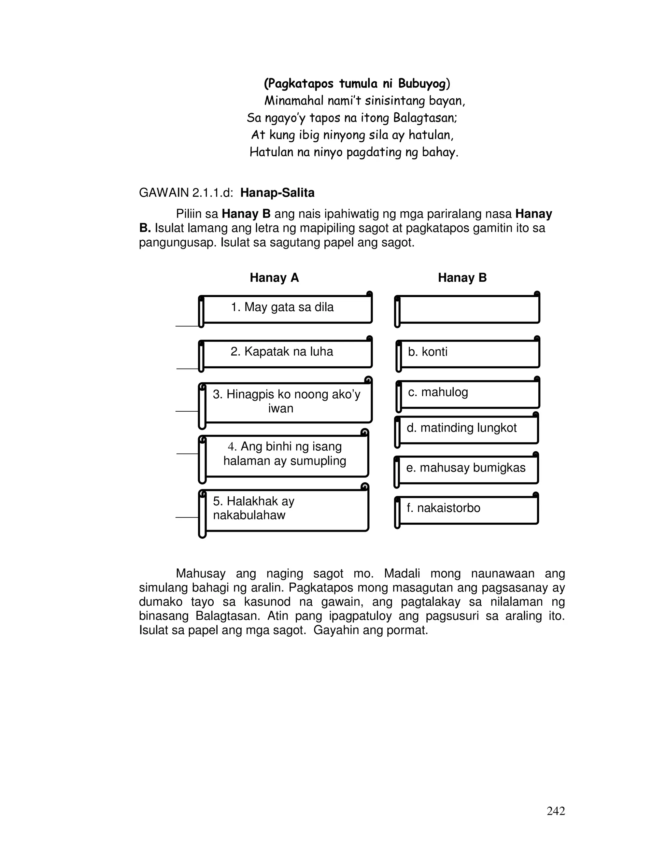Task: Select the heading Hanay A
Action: click(274, 278)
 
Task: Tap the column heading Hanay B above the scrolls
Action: click(462, 278)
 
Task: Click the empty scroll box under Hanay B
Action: click(468, 309)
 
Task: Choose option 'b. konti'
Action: click(468, 353)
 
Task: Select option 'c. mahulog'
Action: click(468, 394)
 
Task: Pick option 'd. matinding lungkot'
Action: click(467, 429)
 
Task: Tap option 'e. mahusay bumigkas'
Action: click(467, 469)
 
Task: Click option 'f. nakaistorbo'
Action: click(467, 509)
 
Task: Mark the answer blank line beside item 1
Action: click(187, 326)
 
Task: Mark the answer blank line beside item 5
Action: click(187, 517)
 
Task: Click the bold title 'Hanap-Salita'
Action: click(277, 193)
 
